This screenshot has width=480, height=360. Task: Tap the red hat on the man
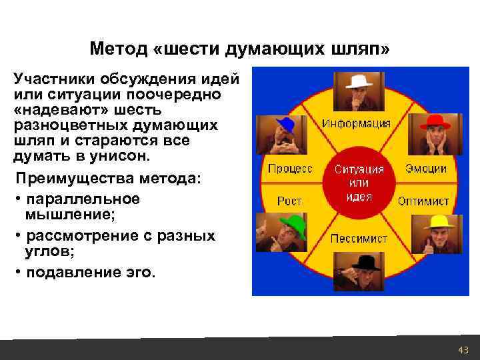435,122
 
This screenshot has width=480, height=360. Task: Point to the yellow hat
438,222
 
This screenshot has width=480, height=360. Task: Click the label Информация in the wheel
357,123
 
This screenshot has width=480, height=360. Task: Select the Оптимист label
423,201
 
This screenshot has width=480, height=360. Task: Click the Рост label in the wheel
289,200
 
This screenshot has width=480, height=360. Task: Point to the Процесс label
290,169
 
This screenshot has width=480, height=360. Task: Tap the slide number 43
463,350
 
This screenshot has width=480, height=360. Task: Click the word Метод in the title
114,49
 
